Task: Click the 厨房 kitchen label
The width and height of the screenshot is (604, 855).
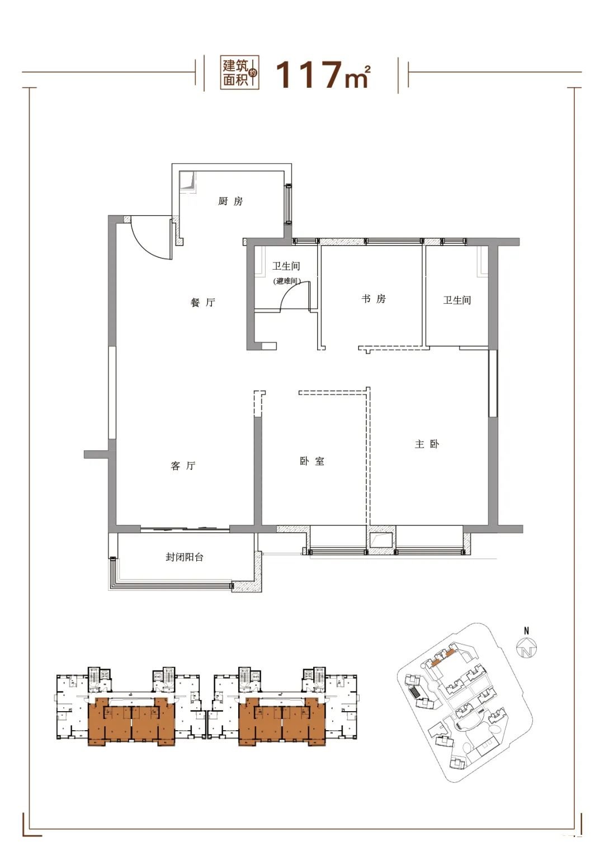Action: [x=230, y=201]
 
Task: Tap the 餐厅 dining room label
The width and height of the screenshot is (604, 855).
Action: [x=203, y=303]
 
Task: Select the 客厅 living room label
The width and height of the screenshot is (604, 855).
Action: [x=183, y=466]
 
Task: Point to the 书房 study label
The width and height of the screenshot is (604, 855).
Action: [x=374, y=298]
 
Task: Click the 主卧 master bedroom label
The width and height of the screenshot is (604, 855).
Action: [x=427, y=444]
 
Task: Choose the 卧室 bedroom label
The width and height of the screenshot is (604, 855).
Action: [x=312, y=461]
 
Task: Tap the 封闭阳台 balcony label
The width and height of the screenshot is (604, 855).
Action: [x=185, y=557]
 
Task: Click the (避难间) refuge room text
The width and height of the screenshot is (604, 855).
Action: [x=287, y=281]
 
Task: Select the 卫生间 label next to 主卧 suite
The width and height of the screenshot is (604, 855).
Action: [x=457, y=300]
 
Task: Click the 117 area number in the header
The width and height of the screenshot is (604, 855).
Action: [x=308, y=75]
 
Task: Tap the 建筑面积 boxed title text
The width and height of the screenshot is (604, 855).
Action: [x=237, y=73]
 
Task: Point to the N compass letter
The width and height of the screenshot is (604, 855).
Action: [x=527, y=631]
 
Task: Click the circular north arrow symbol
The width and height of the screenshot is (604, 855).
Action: [x=527, y=648]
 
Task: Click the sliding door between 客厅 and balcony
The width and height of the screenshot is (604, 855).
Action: [x=185, y=529]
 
